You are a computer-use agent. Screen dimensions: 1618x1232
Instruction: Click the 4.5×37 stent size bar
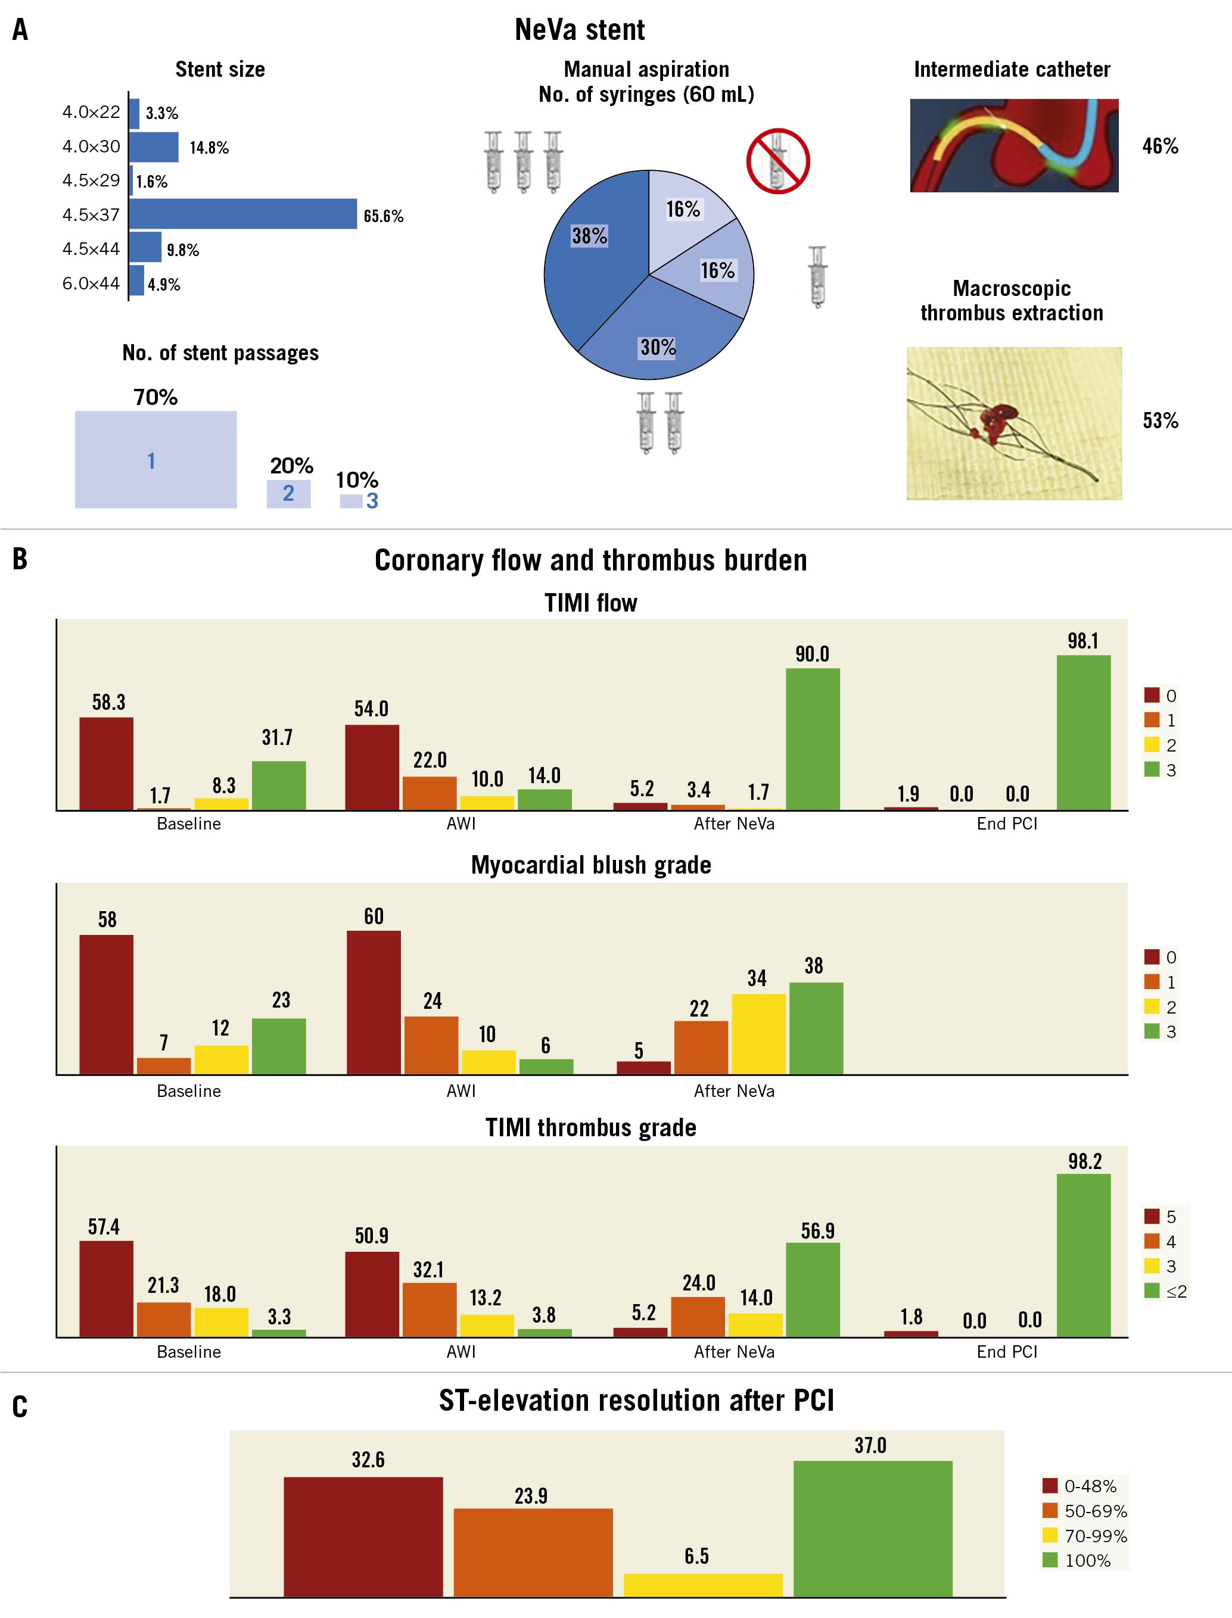242,214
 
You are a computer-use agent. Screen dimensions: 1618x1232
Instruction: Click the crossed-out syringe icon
778,161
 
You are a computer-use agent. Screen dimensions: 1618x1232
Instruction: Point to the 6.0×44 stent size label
91,283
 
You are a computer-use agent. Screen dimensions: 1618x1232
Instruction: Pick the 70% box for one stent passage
155,459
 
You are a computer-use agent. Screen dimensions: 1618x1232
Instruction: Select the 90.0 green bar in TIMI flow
813,738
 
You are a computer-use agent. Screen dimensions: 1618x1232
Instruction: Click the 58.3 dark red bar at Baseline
106,763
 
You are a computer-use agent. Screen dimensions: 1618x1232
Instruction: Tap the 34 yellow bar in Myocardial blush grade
758,1034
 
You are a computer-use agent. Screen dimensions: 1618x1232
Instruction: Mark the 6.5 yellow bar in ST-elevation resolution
702,1585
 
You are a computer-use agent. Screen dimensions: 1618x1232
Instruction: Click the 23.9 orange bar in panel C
533,1552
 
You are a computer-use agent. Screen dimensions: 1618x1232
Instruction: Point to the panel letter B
20,559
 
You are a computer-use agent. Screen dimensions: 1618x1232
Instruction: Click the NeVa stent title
579,30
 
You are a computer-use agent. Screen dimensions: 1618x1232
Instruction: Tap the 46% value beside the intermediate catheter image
1160,146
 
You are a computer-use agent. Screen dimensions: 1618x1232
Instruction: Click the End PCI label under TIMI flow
1007,824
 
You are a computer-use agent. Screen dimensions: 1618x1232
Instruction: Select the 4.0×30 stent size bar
154,146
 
